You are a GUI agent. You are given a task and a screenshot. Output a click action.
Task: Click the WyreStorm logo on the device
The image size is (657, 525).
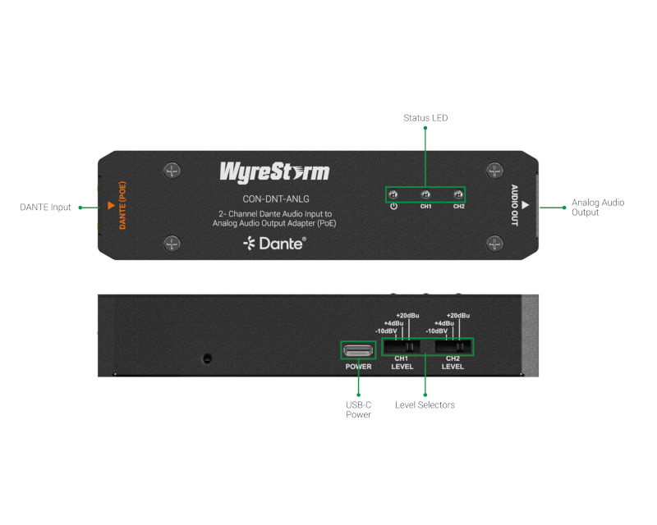point(274,172)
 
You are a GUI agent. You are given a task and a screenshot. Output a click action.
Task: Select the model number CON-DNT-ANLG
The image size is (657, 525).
point(276,199)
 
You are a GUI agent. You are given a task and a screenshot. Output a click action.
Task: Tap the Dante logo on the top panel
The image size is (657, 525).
point(274,244)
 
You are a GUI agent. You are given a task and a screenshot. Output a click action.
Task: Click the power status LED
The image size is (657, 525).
point(393,194)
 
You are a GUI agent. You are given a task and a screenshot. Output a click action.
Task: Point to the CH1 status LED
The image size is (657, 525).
point(425,194)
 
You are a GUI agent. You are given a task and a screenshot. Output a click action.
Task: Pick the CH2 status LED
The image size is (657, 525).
point(458,194)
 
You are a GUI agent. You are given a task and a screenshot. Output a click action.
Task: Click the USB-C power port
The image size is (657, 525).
point(358,350)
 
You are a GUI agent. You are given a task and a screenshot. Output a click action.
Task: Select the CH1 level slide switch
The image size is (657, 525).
point(402,347)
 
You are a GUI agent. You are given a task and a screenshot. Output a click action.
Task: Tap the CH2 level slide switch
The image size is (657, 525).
point(453,347)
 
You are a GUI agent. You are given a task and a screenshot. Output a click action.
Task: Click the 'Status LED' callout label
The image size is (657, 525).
point(425,118)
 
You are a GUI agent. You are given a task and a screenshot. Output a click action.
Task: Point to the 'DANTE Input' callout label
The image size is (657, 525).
point(45,208)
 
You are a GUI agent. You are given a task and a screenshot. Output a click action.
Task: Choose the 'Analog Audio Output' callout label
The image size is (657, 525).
point(598,208)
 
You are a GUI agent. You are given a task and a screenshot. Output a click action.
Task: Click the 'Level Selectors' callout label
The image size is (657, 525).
point(425,405)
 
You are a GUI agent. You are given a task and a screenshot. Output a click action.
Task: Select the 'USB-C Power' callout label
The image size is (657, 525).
point(358,409)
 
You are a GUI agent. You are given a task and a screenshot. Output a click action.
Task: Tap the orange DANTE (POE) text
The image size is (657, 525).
point(122,205)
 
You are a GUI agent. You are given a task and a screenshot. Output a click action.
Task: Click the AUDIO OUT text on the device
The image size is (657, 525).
point(515,205)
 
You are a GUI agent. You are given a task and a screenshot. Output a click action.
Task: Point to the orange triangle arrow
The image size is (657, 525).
point(111,205)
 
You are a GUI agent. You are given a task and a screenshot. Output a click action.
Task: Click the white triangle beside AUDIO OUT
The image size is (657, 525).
point(525,205)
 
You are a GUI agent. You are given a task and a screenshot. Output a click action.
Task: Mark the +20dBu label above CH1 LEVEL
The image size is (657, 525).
point(407,315)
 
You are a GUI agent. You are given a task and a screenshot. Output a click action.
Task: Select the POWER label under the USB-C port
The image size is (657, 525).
point(358,367)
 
